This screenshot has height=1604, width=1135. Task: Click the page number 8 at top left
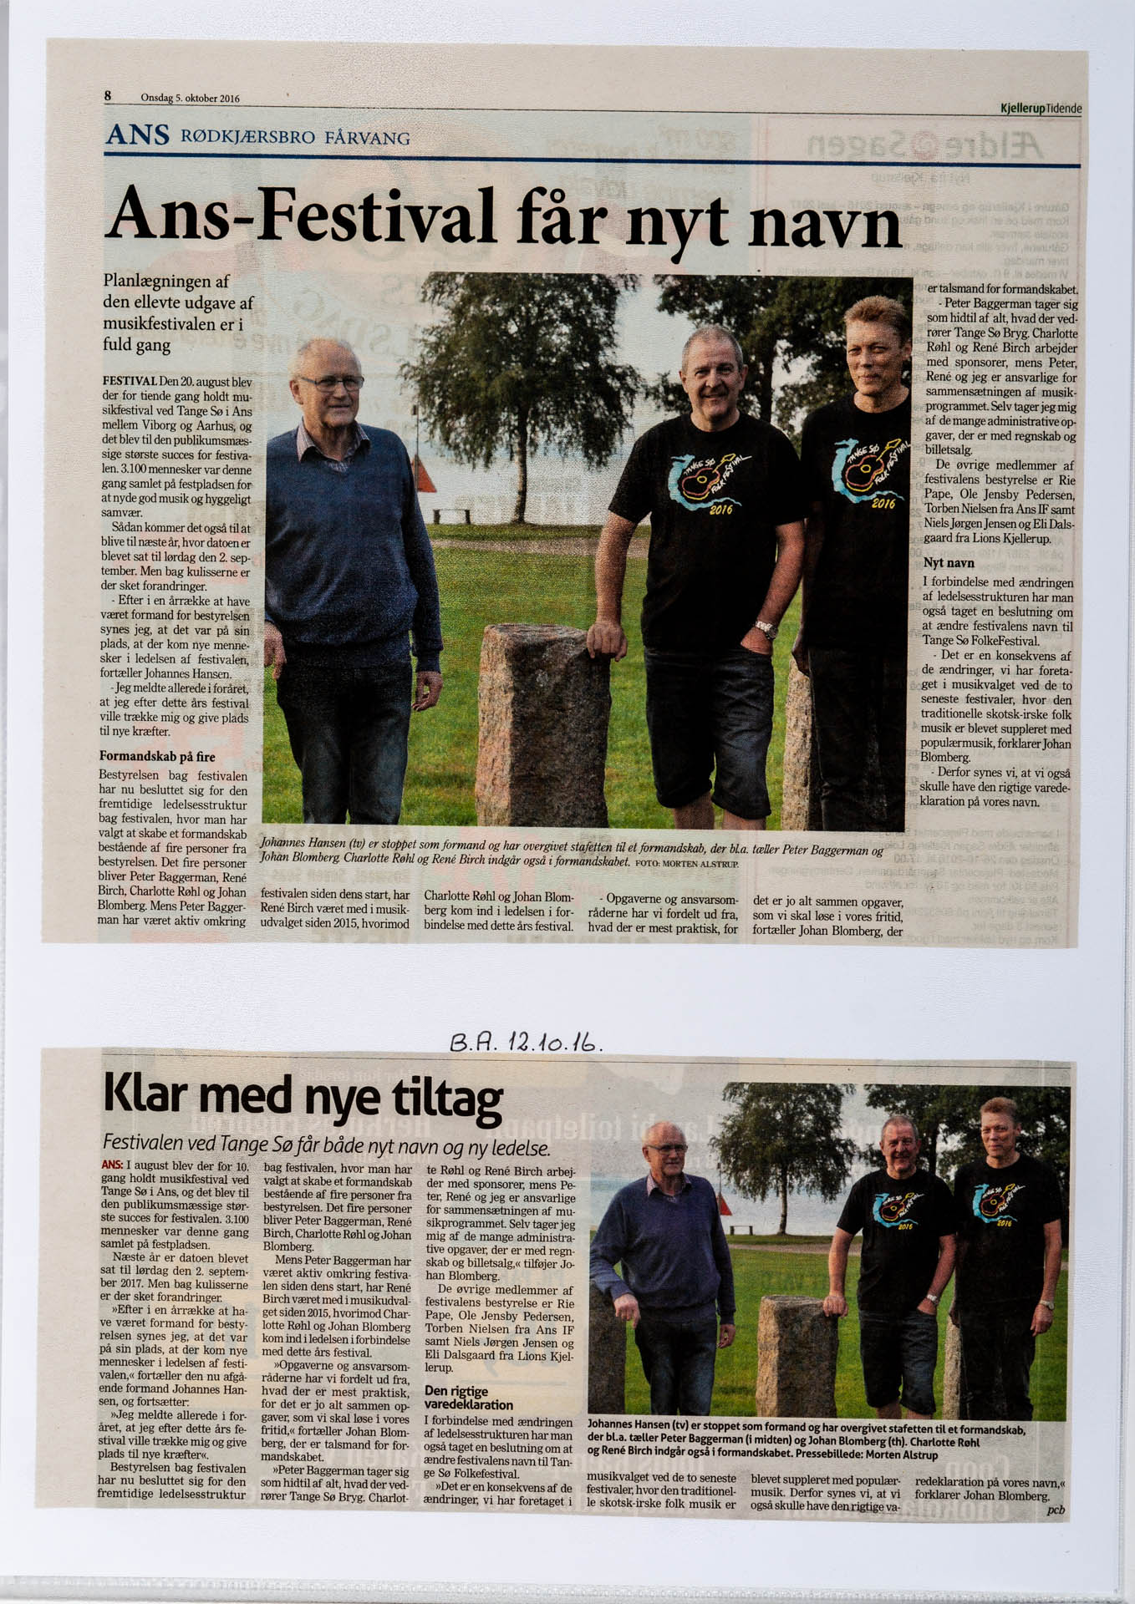[108, 96]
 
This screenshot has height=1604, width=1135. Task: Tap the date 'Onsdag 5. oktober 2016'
[190, 99]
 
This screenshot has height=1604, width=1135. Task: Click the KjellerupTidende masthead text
[1041, 109]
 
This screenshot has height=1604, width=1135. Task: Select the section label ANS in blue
[137, 135]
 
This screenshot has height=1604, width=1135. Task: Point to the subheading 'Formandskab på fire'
[157, 757]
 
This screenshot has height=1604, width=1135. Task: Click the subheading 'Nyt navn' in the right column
[949, 563]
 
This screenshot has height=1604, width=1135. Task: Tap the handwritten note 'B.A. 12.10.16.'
[526, 1041]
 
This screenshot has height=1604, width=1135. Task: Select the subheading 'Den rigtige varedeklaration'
[468, 1398]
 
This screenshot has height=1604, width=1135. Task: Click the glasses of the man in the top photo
[331, 383]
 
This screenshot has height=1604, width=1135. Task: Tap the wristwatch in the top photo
[766, 628]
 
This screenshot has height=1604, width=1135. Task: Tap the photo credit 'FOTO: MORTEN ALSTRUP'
[686, 863]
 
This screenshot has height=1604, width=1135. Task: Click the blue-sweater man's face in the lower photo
[665, 1151]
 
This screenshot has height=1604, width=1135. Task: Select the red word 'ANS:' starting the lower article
[112, 1165]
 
